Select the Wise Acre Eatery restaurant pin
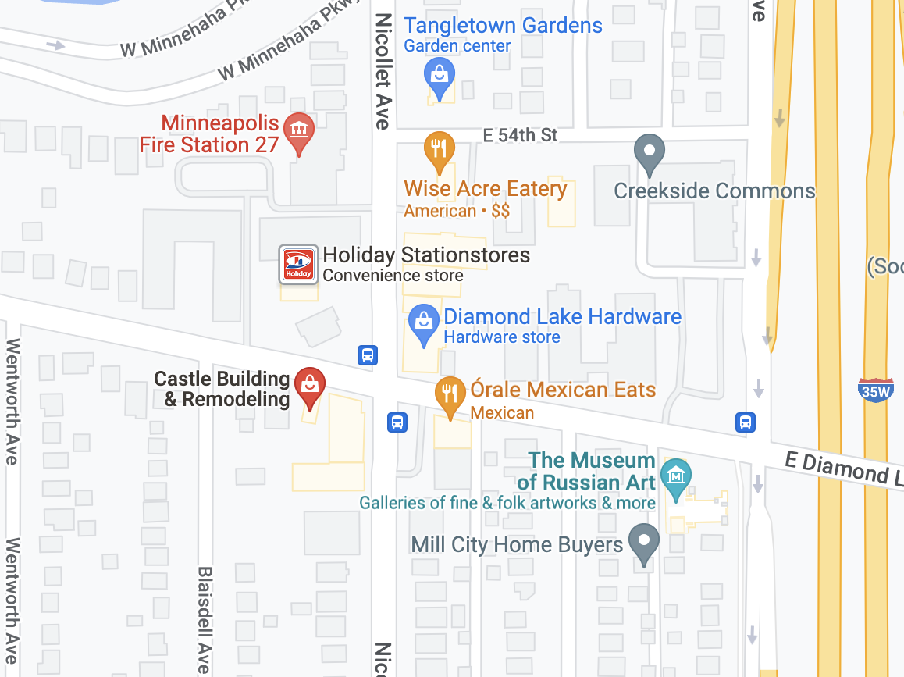click(x=439, y=149)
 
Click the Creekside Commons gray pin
click(x=649, y=151)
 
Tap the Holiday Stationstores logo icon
click(x=298, y=264)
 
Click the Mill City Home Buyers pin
click(x=644, y=541)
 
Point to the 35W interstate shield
click(x=875, y=390)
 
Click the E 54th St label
click(x=520, y=135)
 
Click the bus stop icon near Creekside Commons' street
click(x=746, y=422)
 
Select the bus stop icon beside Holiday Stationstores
click(x=368, y=355)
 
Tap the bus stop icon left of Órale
click(x=397, y=422)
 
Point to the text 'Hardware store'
click(x=501, y=337)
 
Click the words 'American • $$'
click(x=457, y=211)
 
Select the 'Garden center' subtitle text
click(x=457, y=46)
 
